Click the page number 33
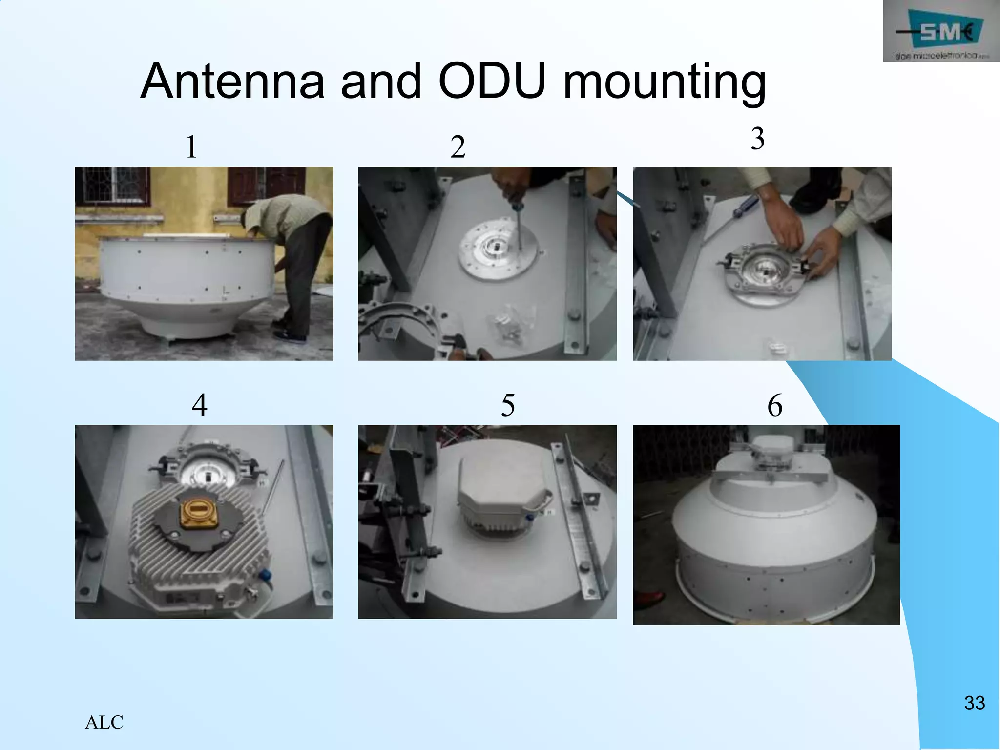tap(974, 703)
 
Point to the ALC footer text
tap(104, 722)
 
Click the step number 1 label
tap(191, 147)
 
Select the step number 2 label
tap(458, 147)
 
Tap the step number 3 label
tap(757, 139)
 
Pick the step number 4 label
tap(199, 405)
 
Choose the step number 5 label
tap(508, 405)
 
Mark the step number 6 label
tap(775, 405)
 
